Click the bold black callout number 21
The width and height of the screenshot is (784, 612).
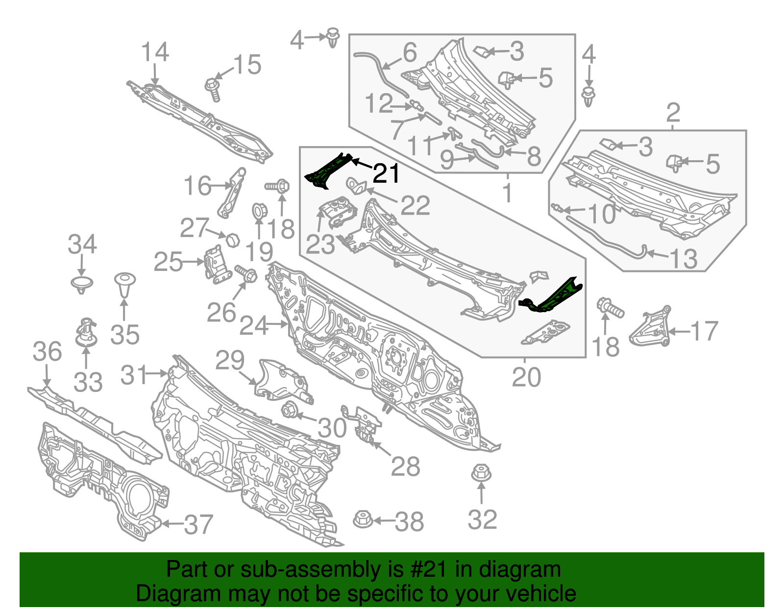386,174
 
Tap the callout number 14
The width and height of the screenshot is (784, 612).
155,52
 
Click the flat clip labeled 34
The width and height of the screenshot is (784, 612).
82,284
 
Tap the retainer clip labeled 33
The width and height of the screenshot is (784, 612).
85,332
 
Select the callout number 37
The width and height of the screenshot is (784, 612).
198,524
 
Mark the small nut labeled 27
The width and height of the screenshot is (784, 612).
232,240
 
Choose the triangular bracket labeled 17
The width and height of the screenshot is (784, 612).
650,327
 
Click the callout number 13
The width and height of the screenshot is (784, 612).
683,259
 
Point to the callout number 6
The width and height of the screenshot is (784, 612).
410,52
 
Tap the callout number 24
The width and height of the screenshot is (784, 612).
253,325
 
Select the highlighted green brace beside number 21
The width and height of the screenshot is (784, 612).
329,170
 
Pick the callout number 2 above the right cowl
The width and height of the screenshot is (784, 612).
673,113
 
